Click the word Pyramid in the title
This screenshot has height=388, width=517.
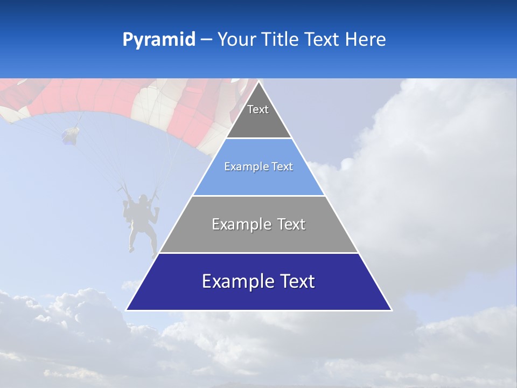click(x=158, y=40)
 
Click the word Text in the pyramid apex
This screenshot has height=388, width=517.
click(x=258, y=109)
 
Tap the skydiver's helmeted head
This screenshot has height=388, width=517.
click(x=142, y=199)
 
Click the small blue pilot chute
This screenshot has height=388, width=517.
click(x=70, y=135)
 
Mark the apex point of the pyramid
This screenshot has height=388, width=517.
click(x=259, y=81)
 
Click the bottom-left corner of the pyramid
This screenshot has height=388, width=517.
click(x=127, y=310)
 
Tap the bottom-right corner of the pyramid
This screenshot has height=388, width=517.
click(x=392, y=310)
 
